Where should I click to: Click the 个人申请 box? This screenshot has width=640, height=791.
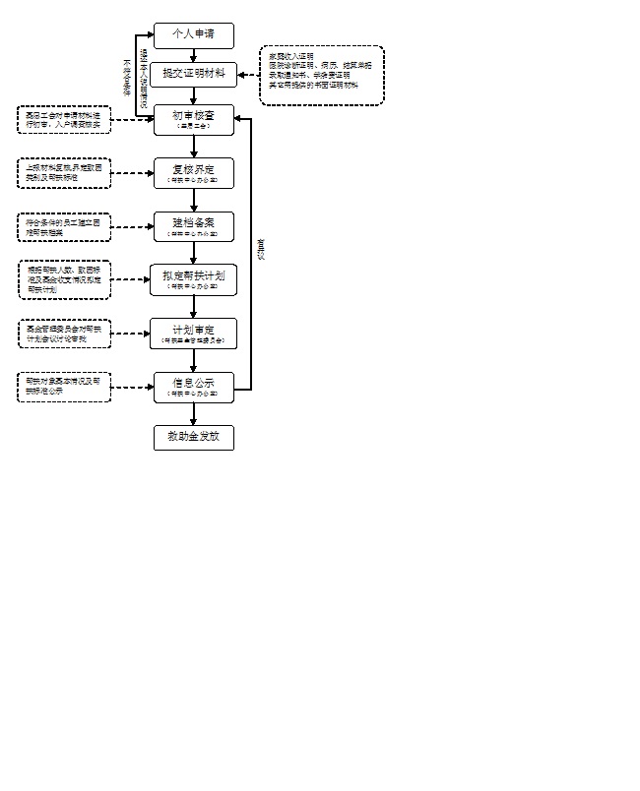pyautogui.click(x=194, y=35)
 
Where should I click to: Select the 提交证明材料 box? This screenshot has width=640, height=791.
pyautogui.click(x=194, y=75)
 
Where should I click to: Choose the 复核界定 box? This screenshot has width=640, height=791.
pyautogui.click(x=194, y=173)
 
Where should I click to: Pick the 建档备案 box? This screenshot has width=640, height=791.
pyautogui.click(x=194, y=226)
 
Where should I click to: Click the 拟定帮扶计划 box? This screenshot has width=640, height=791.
pyautogui.click(x=194, y=279)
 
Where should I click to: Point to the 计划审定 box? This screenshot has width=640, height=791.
pyautogui.click(x=194, y=333)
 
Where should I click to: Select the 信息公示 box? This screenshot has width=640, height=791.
pyautogui.click(x=194, y=387)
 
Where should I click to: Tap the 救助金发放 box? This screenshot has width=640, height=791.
pyautogui.click(x=194, y=437)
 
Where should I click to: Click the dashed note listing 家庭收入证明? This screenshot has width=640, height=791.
pyautogui.click(x=321, y=76)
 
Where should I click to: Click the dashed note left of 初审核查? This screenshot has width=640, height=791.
pyautogui.click(x=64, y=120)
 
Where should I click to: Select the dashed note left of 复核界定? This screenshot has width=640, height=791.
pyautogui.click(x=64, y=173)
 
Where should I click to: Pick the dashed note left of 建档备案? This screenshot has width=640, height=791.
pyautogui.click(x=64, y=226)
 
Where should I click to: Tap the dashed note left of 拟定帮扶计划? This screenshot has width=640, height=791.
pyautogui.click(x=64, y=279)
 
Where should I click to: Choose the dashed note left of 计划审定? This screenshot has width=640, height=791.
pyautogui.click(x=64, y=333)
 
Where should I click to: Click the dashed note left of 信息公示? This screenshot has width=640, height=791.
pyautogui.click(x=64, y=386)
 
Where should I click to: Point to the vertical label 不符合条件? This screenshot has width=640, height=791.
pyautogui.click(x=127, y=75)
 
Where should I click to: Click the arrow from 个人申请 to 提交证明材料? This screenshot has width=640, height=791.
pyautogui.click(x=194, y=55)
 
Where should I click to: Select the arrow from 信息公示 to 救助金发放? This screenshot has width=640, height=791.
pyautogui.click(x=194, y=413)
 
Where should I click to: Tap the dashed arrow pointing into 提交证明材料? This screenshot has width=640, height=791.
pyautogui.click(x=248, y=76)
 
